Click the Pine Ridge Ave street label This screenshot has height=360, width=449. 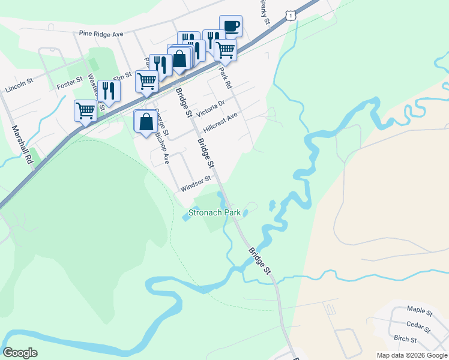tap(101, 34)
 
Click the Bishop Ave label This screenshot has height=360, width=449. tap(163, 148)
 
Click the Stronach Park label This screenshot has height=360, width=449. tap(214, 212)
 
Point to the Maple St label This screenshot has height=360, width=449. tap(420, 310)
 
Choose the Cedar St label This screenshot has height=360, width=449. tap(418, 328)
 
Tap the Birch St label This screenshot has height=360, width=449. tap(406, 339)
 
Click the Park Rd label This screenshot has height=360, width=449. tap(226, 77)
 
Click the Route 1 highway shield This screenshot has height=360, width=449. tap(291, 14)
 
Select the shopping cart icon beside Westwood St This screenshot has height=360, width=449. tap(85, 110)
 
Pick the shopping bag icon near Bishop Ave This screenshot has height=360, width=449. tap(146, 121)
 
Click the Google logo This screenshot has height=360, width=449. tap(20, 353)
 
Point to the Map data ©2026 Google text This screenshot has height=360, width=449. tap(412, 355)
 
